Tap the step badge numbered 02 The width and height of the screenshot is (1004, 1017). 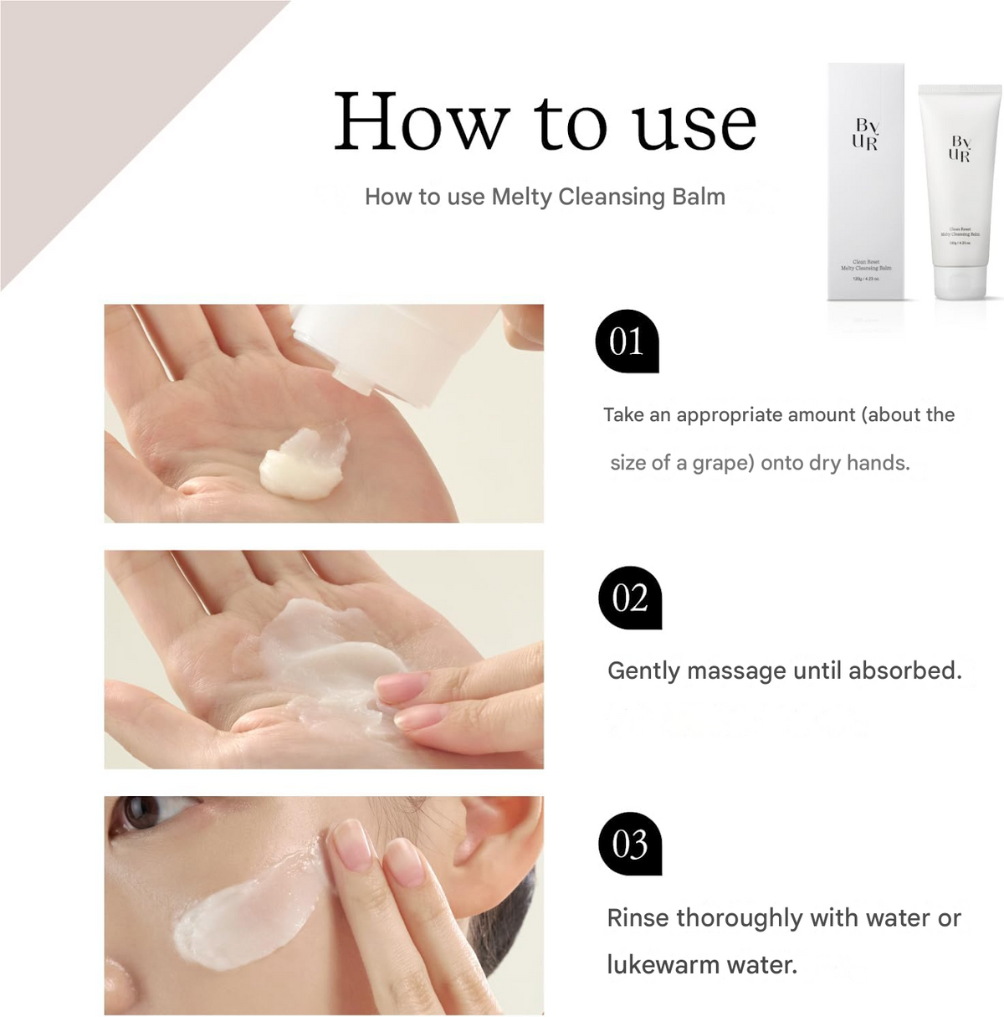pyautogui.click(x=630, y=598)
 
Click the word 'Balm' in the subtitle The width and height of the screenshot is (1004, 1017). pyautogui.click(x=698, y=197)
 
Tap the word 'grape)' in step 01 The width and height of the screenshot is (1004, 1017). pyautogui.click(x=723, y=463)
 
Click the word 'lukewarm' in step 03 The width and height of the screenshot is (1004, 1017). pyautogui.click(x=662, y=965)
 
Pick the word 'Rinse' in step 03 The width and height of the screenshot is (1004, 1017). pyautogui.click(x=638, y=918)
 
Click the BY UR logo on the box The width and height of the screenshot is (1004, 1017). pyautogui.click(x=865, y=134)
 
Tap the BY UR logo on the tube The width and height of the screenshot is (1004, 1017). pyautogui.click(x=960, y=148)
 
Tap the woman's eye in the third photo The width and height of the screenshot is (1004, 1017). pyautogui.click(x=140, y=814)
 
